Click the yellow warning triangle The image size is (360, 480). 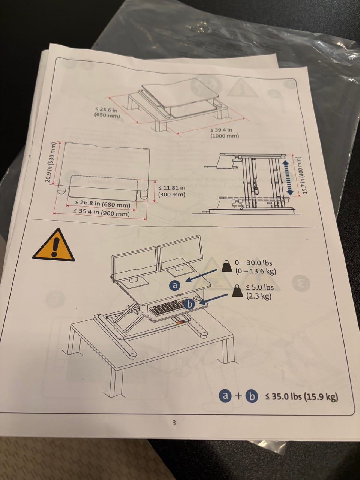pos(53,246)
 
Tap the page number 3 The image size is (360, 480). pos(174,423)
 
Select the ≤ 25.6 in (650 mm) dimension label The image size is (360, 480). pos(107,112)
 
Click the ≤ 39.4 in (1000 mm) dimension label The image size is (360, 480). pos(225,133)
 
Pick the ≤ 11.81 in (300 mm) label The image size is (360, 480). pos(172,191)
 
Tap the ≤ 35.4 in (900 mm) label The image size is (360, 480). pos(102,212)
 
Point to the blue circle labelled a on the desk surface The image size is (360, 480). pos(174,285)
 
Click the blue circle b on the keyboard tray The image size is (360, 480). pos(190,304)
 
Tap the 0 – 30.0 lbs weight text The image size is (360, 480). pos(253,262)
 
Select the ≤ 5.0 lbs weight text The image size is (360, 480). pos(260,287)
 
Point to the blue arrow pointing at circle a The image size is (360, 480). pos(202,276)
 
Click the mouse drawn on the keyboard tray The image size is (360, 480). pos(197,299)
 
